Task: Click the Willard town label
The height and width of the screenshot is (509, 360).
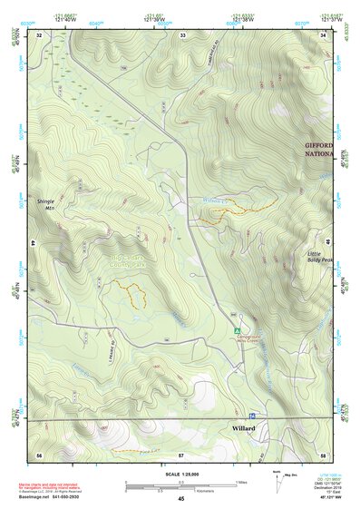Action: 244,428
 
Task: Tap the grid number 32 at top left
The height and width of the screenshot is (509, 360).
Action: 39,34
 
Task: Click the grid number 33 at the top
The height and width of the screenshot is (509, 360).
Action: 182,34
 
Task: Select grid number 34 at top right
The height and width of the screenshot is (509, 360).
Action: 324,34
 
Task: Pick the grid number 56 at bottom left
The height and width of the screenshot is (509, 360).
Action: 39,453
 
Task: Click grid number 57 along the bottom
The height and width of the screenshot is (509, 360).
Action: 181,453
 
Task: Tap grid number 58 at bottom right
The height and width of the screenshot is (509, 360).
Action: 323,453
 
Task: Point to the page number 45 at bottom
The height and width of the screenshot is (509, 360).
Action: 180,499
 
